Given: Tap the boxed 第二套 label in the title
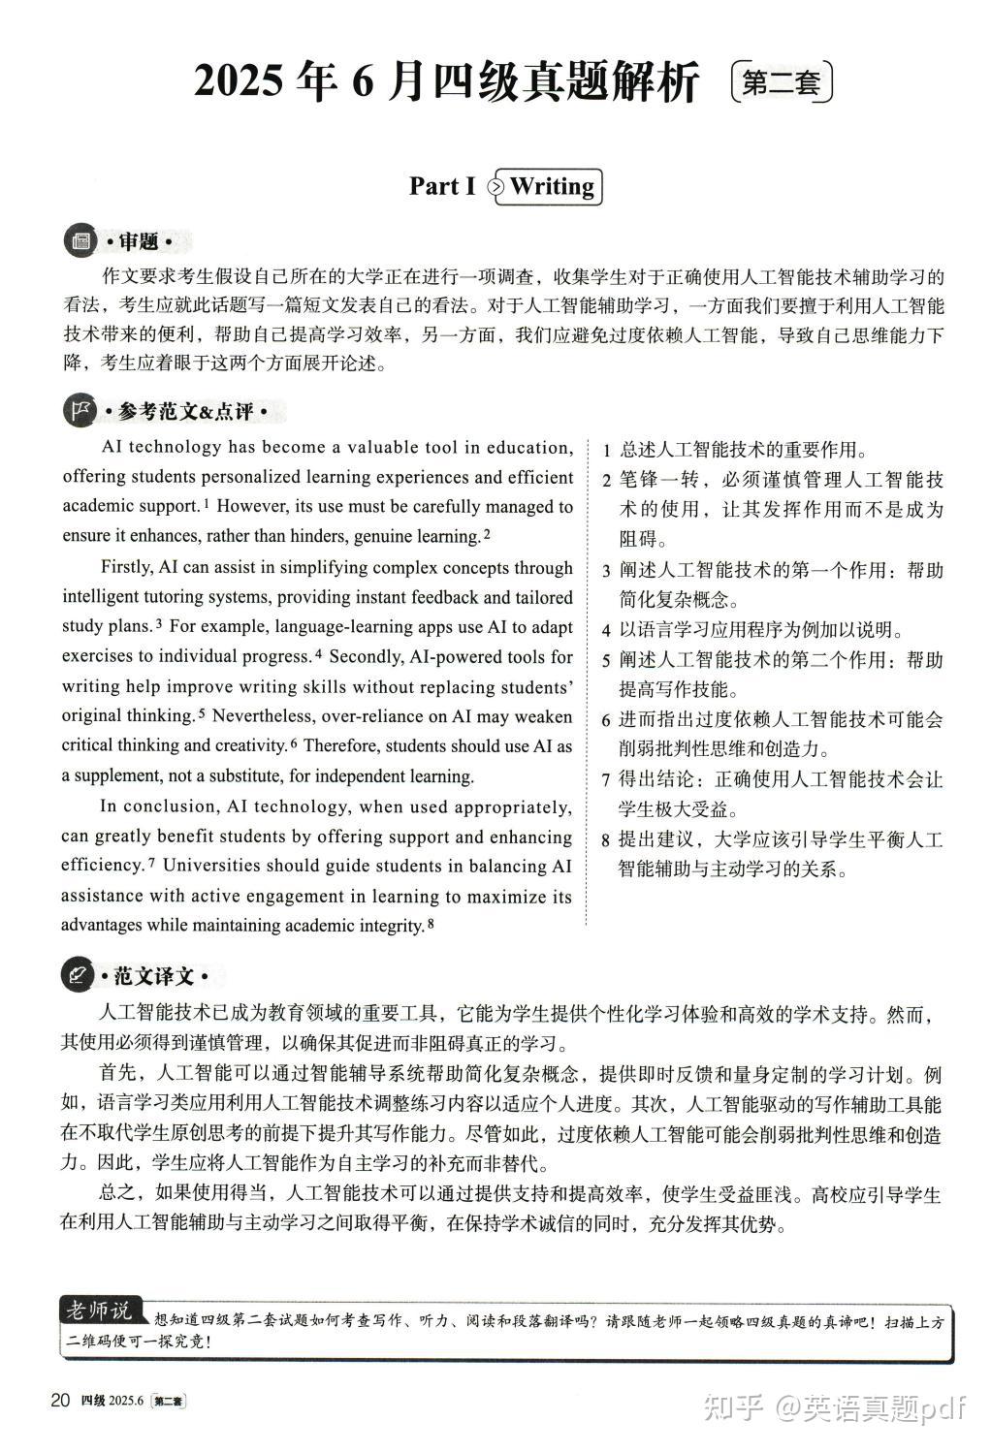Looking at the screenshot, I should pyautogui.click(x=781, y=83).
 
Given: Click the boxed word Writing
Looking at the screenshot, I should pyautogui.click(x=552, y=186).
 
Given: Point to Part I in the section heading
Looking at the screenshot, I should pyautogui.click(x=441, y=186).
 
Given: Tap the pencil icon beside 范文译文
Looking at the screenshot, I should pyautogui.click(x=78, y=975).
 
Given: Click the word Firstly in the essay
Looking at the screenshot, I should pyautogui.click(x=128, y=567).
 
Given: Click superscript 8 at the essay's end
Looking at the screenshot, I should pyautogui.click(x=430, y=923).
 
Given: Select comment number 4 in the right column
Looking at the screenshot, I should pyautogui.click(x=606, y=630).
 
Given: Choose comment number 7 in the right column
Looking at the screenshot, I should pyautogui.click(x=606, y=780).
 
